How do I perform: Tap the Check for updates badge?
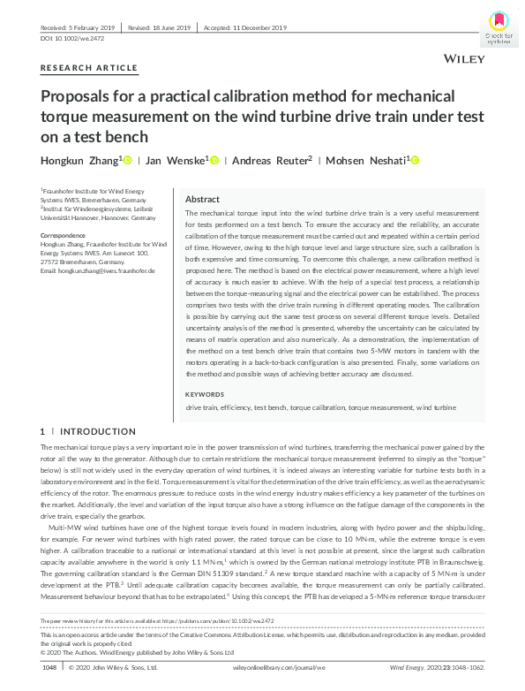click(x=498, y=26)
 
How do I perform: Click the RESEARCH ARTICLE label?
click(x=89, y=68)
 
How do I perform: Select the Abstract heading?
click(x=202, y=200)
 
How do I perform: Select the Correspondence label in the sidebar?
click(x=67, y=234)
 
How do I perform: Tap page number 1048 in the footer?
click(x=49, y=668)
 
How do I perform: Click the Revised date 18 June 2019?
click(x=162, y=27)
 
